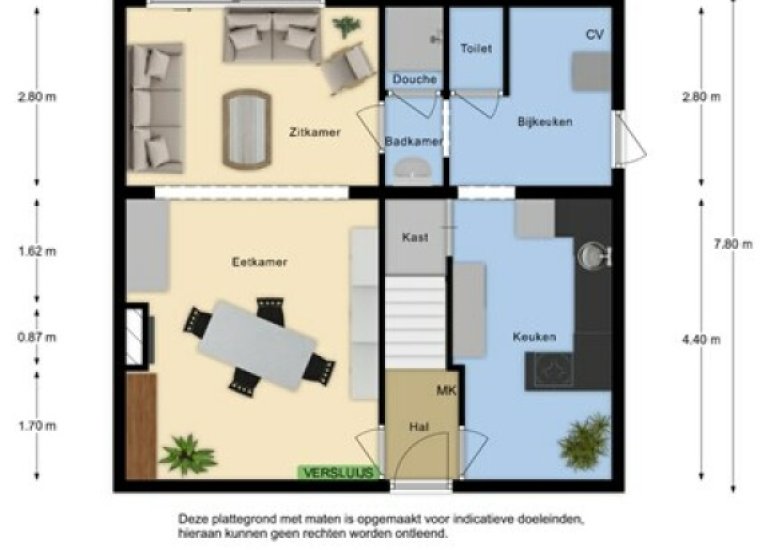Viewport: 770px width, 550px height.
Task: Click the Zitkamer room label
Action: tap(315, 132)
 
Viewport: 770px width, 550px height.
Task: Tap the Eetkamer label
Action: tap(259, 262)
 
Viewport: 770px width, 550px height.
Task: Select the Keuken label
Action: tap(535, 337)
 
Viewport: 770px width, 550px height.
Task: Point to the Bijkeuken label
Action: tap(545, 121)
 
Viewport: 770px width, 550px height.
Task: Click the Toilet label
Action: tap(476, 48)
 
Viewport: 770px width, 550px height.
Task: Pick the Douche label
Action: tap(415, 79)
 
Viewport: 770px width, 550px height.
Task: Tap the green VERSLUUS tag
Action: tap(339, 472)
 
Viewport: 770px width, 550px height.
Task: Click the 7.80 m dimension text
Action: tap(733, 244)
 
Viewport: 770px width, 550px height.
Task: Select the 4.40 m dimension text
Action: tap(701, 339)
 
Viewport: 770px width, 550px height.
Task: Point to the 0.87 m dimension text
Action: tap(37, 337)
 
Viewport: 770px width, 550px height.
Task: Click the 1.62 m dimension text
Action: tap(37, 251)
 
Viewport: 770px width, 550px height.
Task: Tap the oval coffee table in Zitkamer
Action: tap(247, 129)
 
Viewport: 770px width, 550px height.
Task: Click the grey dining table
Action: tap(257, 345)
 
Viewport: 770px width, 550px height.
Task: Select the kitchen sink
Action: tap(594, 255)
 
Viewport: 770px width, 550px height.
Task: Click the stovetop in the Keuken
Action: tap(550, 371)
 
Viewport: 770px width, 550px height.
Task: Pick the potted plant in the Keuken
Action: tap(584, 441)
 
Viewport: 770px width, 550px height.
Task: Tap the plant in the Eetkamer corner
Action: tap(187, 455)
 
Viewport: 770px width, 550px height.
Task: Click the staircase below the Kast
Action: tap(415, 323)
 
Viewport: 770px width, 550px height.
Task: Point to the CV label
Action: tap(595, 34)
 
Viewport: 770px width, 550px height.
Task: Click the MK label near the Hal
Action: tap(446, 391)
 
